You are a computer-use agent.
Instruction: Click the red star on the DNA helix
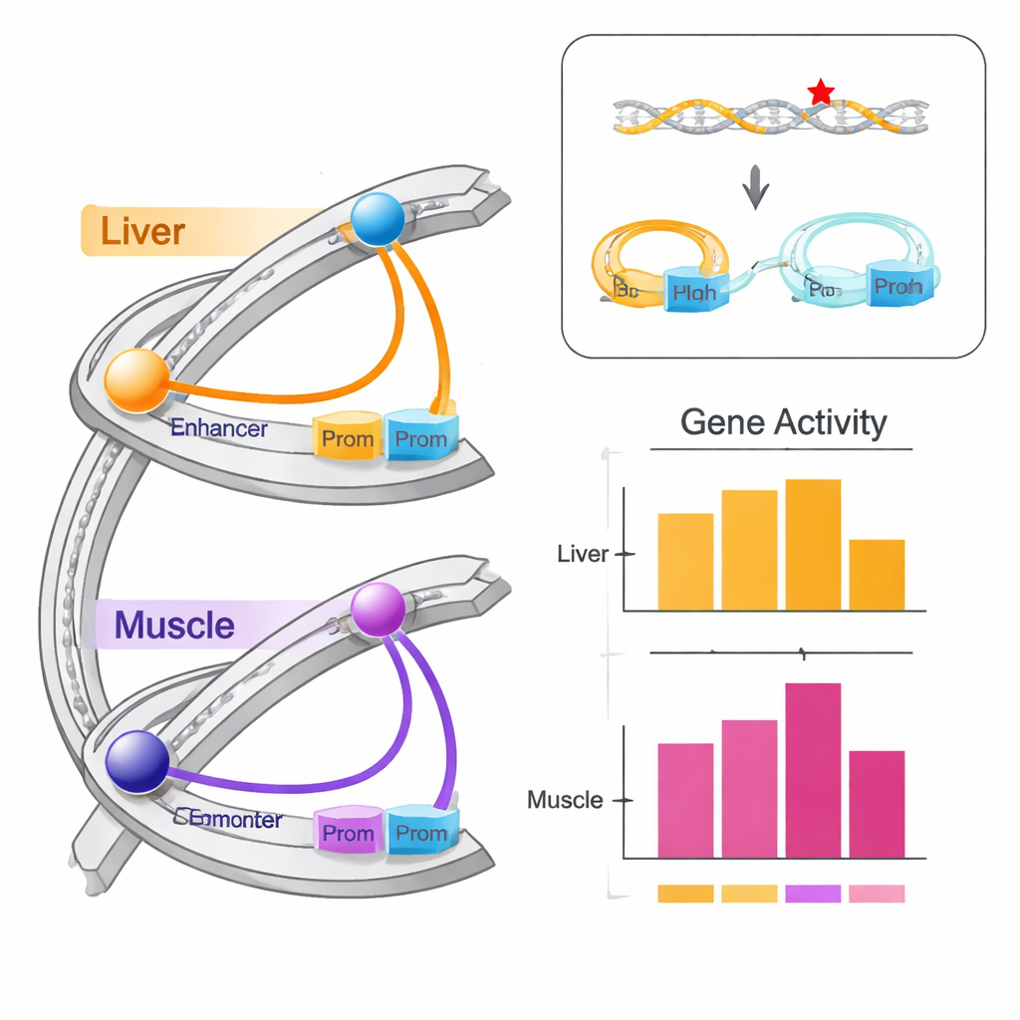[x=821, y=93]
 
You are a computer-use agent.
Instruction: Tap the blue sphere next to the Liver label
[x=377, y=218]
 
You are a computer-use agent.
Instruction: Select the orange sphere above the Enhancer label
[x=137, y=381]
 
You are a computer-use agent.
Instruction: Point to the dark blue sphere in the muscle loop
[x=137, y=762]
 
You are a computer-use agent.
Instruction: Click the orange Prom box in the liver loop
[x=348, y=437]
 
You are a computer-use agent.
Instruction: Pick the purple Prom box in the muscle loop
[x=348, y=832]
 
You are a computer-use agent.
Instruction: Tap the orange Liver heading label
[x=142, y=231]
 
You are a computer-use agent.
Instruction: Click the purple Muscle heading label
[x=174, y=626]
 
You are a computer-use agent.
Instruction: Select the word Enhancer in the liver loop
[x=219, y=428]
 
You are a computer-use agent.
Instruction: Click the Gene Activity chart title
[x=783, y=422]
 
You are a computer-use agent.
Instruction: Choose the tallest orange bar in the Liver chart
[x=813, y=544]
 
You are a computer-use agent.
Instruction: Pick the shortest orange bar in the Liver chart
[x=877, y=575]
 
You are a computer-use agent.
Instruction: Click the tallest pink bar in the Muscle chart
[x=813, y=769]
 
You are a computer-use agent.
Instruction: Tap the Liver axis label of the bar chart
[x=583, y=554]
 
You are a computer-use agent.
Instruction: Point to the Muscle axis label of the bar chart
[x=565, y=800]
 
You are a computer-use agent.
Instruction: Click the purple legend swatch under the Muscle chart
[x=813, y=893]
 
